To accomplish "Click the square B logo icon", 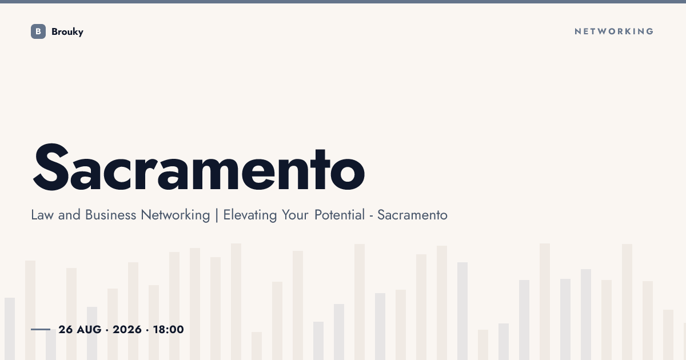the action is point(38,31).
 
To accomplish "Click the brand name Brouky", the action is point(67,32).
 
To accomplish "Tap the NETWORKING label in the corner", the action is point(614,31).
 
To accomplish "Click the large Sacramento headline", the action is point(199,167).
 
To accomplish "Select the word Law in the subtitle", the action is point(42,215).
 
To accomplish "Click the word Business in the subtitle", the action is point(110,215).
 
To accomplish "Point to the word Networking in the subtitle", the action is point(176,215).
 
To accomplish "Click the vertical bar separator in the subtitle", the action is point(217,215).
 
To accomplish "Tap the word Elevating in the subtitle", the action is point(250,215).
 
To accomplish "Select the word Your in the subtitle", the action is point(295,215).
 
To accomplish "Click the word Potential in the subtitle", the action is point(340,215).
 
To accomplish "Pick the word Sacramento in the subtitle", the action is point(412,215).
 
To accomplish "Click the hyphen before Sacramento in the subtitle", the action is point(371,217).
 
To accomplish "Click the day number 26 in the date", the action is point(66,330).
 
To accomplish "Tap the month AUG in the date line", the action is point(89,330).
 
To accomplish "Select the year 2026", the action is point(127,330).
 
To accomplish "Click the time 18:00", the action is point(169,330).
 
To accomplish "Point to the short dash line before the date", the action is point(41,329).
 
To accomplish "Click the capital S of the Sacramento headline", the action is point(50,167).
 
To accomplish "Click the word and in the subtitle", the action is point(69,215).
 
